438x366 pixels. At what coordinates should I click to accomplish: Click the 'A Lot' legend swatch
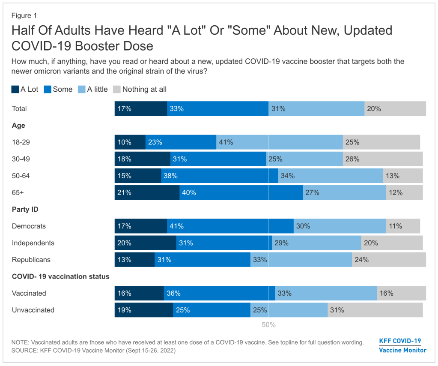15,90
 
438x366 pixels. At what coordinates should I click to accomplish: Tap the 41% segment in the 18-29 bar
279,142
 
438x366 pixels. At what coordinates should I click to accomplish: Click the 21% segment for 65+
147,192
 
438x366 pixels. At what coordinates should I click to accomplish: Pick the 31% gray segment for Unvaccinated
375,310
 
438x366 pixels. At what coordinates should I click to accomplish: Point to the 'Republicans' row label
31,260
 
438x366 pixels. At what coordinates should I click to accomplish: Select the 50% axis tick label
268,325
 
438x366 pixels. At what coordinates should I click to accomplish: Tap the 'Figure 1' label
24,15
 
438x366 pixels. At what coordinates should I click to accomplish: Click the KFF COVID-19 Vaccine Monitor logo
402,345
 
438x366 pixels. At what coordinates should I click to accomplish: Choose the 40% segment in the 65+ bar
241,192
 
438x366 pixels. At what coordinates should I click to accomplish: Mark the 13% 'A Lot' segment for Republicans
134,260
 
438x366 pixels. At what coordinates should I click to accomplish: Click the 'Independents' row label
33,243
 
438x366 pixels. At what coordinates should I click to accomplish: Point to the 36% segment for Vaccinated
219,293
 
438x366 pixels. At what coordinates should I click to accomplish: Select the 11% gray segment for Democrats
403,226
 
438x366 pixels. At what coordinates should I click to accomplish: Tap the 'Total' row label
19,109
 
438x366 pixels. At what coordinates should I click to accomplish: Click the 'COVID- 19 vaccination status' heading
60,276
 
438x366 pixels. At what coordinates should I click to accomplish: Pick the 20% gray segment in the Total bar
395,109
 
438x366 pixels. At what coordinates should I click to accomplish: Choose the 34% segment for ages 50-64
330,176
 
